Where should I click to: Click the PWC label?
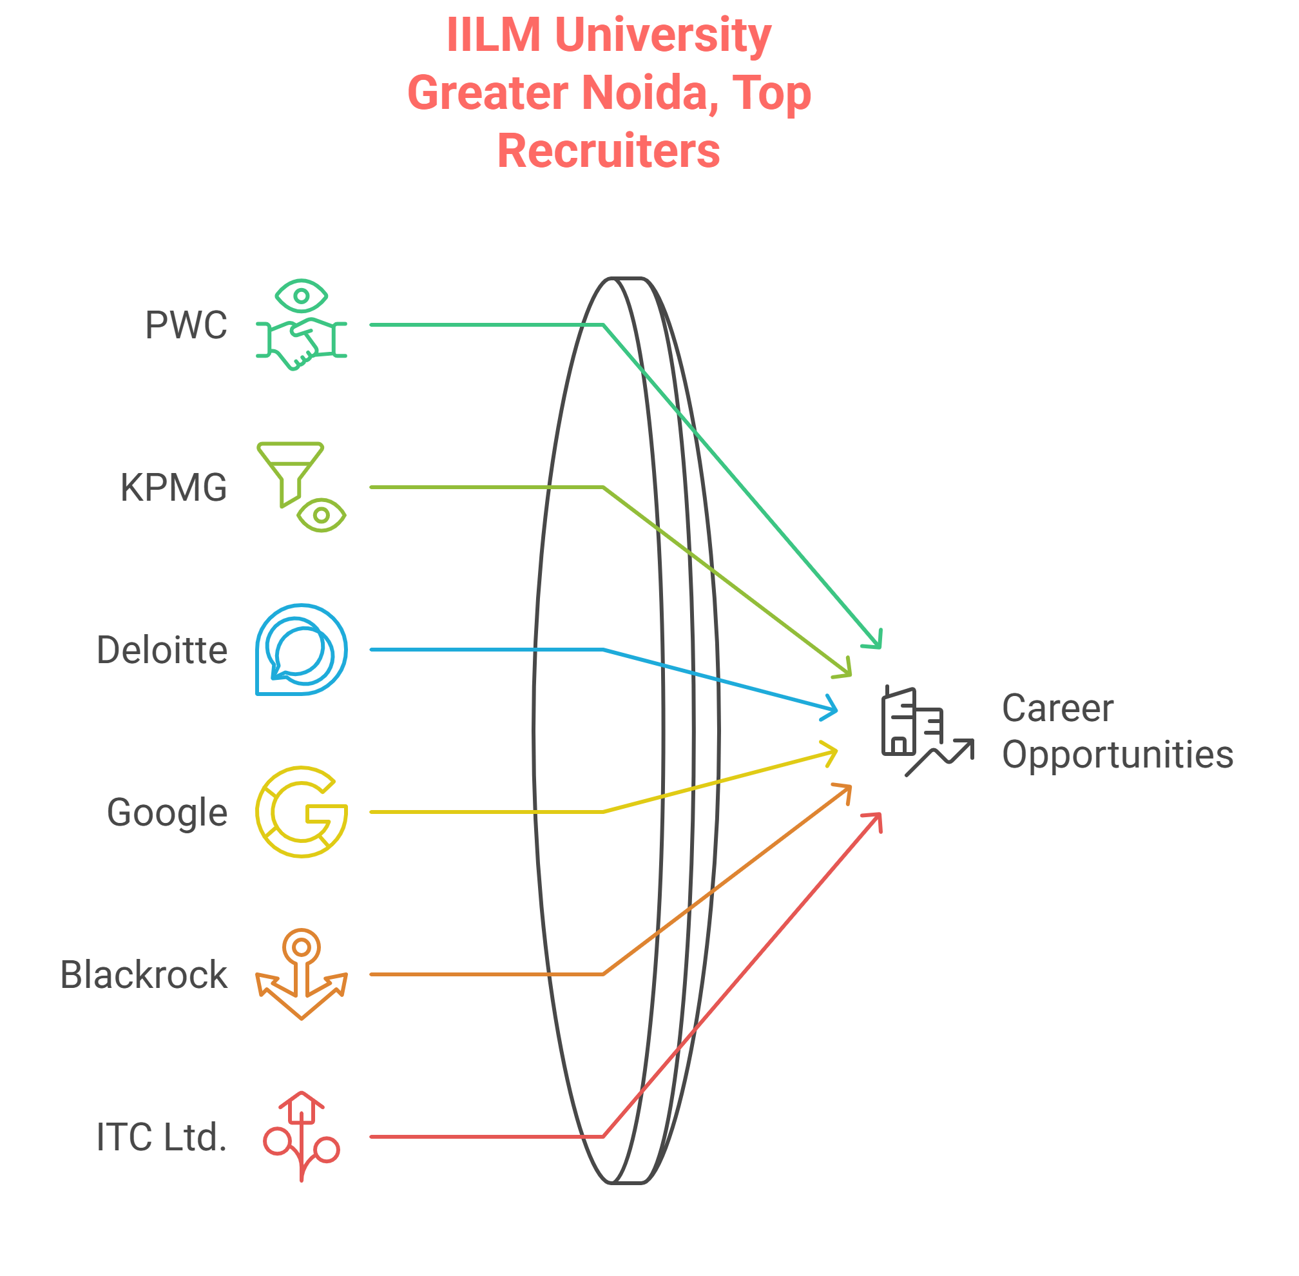pos(186,325)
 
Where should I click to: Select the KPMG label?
pos(173,488)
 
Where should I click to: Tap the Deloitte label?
pos(162,650)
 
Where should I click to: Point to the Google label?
pos(167,812)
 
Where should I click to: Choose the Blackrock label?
pos(143,974)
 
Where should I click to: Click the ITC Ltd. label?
pos(162,1137)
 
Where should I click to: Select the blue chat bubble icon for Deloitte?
pos(301,650)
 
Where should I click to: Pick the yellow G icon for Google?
pos(301,811)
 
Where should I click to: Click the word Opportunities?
pos(1117,755)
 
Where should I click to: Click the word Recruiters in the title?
pos(608,151)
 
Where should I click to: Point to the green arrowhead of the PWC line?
pos(875,642)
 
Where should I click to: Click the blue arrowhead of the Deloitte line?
pos(831,708)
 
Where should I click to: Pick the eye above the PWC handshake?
pos(301,296)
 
